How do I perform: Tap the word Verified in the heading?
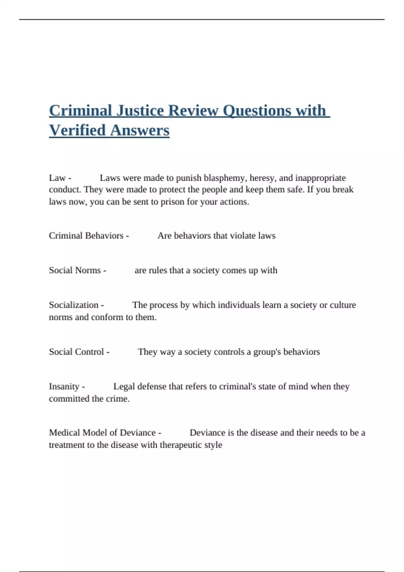[x=77, y=130]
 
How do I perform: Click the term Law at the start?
[x=57, y=178]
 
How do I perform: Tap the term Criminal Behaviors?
[x=86, y=236]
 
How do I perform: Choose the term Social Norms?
[x=75, y=270]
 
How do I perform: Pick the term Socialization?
[x=74, y=305]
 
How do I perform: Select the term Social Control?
[x=76, y=352]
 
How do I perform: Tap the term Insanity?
[x=64, y=386]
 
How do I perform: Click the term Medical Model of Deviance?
[x=102, y=433]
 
